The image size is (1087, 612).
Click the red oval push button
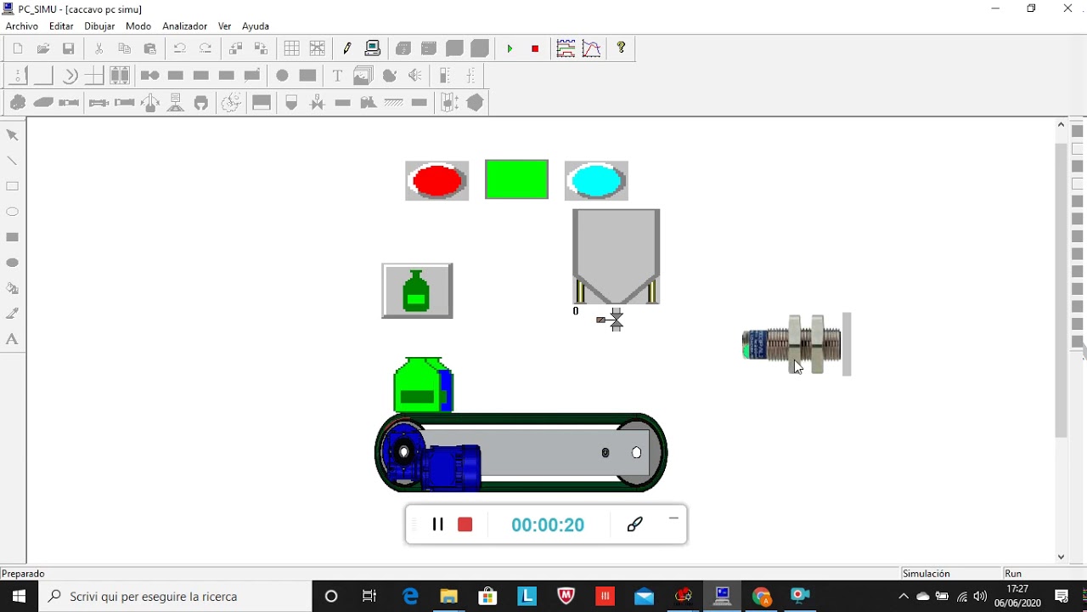click(x=436, y=181)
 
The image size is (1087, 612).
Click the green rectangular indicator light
click(x=517, y=179)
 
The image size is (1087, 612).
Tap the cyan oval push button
click(x=596, y=181)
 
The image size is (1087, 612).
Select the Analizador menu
click(x=184, y=26)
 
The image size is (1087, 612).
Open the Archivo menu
click(x=22, y=26)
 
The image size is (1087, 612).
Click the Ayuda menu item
click(x=256, y=26)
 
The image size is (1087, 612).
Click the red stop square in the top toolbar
click(x=535, y=48)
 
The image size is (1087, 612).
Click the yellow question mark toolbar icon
click(x=621, y=48)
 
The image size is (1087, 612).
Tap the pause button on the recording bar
click(x=437, y=524)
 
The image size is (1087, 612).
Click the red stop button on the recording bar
click(x=465, y=524)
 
